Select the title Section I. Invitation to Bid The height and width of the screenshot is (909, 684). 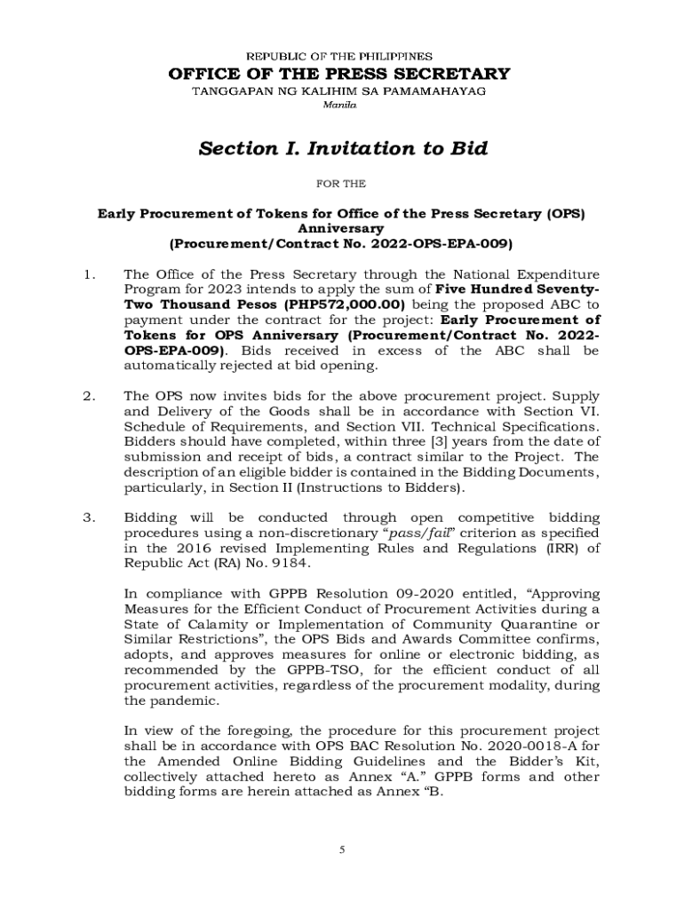coord(343,148)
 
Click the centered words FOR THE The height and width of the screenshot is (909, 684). coord(341,185)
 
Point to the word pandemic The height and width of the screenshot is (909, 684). coord(180,700)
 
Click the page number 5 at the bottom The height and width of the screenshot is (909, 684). coord(343,850)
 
